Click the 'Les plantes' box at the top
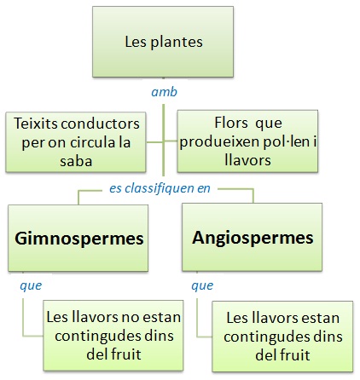[163, 42]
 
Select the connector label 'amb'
[164, 92]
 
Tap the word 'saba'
[76, 161]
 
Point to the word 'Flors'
[231, 123]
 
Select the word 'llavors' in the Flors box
[247, 160]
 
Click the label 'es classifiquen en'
[160, 188]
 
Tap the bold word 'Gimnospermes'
[79, 239]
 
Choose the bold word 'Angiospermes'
[253, 238]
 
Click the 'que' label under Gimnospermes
[31, 285]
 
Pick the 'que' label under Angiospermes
[202, 285]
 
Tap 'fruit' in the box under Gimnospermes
[126, 354]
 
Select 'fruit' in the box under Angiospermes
[295, 355]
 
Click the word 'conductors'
[100, 124]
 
